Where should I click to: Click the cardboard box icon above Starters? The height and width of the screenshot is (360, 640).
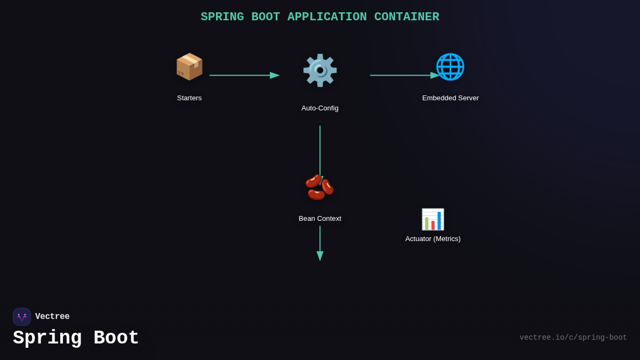coord(189,67)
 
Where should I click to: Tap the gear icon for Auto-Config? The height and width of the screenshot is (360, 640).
coord(320,70)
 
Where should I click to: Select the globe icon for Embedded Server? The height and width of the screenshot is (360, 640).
coord(450,67)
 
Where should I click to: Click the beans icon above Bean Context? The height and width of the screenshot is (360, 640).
coord(319,187)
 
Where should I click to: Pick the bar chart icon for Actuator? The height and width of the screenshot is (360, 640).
coord(433,219)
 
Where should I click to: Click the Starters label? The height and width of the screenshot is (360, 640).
coord(189,98)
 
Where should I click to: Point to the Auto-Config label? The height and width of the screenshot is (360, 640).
coord(320,108)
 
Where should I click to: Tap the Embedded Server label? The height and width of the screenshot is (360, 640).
coord(451,98)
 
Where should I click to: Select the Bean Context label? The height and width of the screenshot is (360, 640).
coord(320,219)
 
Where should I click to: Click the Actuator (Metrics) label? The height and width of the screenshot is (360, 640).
coord(433,239)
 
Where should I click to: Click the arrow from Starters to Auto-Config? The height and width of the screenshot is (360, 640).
coord(244,75)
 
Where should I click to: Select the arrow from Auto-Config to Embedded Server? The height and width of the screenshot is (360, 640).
coord(404,75)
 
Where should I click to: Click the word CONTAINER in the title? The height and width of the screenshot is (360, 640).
coord(406,17)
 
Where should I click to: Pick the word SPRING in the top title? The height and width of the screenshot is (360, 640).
coord(222,17)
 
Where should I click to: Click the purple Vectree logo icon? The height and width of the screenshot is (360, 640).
coord(22,317)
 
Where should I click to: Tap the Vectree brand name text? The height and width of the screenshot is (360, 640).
coord(52,317)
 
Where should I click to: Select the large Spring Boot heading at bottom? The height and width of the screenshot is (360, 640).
coord(76,338)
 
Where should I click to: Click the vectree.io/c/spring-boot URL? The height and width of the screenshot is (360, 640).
coord(573,338)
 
